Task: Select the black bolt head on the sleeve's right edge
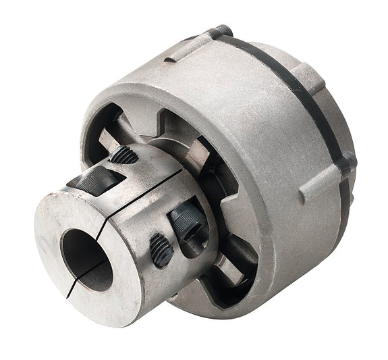tap(348, 162)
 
